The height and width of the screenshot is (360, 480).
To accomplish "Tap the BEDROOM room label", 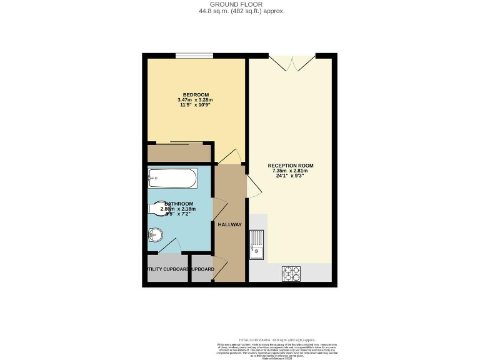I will click(196, 95).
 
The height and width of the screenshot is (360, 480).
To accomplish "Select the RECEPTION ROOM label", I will click(291, 166).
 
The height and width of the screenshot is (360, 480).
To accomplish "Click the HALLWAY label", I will click(229, 225).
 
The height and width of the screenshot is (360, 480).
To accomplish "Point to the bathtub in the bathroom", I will click(172, 181).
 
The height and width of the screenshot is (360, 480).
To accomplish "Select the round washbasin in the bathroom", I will click(156, 236).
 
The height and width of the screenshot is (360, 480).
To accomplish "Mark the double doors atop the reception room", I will click(292, 62).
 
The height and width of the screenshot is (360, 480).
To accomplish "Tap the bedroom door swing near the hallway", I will click(229, 156).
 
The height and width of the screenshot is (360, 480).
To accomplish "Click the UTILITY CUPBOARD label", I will click(167, 269).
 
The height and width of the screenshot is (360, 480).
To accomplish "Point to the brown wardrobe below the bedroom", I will click(179, 152).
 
